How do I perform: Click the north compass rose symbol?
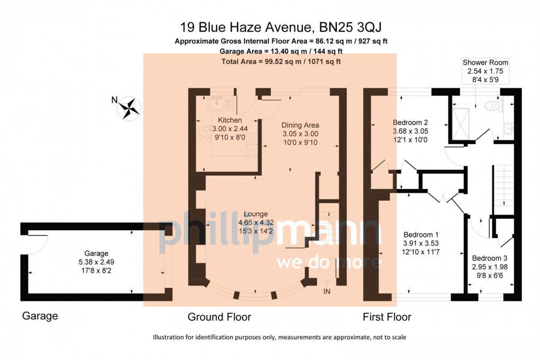[129, 108]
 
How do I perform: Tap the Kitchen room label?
[230, 120]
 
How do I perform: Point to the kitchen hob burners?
[203, 134]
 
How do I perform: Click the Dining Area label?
[300, 125]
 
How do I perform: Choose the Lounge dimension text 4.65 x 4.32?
[256, 222]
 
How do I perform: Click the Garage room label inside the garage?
[96, 254]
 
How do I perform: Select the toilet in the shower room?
[494, 105]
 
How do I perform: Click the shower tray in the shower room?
[461, 124]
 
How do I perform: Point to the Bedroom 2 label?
[410, 122]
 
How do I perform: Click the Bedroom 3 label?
[489, 258]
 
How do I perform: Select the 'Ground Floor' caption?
[219, 317]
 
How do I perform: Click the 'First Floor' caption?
[387, 317]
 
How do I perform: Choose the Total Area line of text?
[281, 61]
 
